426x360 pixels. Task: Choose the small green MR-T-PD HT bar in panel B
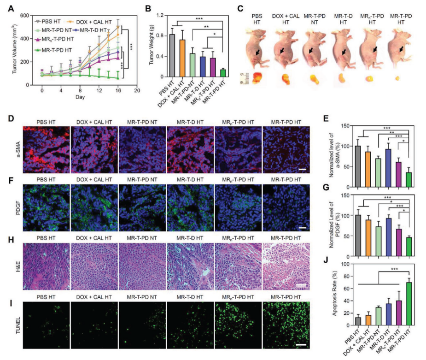pyautogui.click(x=223, y=73)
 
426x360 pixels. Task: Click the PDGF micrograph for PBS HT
pyautogui.click(x=47, y=208)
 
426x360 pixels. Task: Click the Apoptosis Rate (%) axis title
pyautogui.click(x=336, y=294)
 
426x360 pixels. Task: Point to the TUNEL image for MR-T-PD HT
pyautogui.click(x=286, y=325)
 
